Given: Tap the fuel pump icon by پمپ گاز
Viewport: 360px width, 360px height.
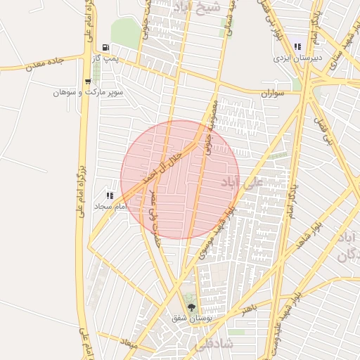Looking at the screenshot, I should tap(105, 47).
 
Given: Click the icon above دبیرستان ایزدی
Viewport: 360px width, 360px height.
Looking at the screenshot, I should tap(298, 46).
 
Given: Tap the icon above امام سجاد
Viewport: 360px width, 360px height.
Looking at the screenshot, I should tap(109, 195).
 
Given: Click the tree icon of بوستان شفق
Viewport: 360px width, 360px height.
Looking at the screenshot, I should tap(189, 306).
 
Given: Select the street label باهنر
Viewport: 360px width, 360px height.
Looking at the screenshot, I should tap(247, 308).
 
